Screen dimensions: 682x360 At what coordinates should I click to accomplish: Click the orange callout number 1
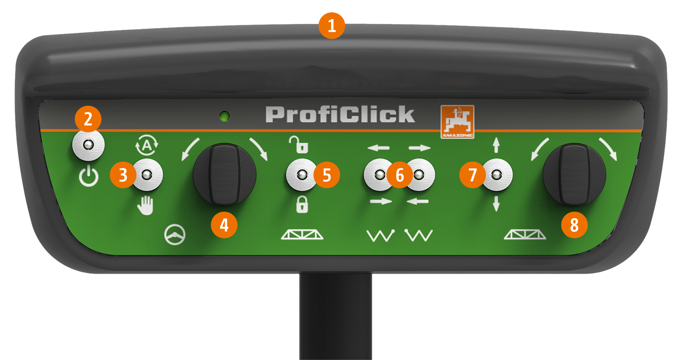(x=332, y=26)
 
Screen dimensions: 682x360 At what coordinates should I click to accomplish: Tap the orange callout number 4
(x=224, y=225)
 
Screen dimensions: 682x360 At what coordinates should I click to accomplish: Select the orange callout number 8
(x=574, y=225)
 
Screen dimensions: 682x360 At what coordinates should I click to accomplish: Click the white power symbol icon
(x=89, y=176)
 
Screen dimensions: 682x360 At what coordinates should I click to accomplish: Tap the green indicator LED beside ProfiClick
(x=224, y=116)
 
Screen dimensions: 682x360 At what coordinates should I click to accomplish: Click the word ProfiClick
(x=340, y=114)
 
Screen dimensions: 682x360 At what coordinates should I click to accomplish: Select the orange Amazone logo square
(x=457, y=122)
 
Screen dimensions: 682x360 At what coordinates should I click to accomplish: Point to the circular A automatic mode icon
(x=147, y=146)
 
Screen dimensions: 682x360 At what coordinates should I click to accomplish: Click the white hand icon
(x=146, y=205)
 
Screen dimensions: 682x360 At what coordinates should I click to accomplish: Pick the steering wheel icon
(x=175, y=235)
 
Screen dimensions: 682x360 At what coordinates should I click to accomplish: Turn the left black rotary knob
(x=224, y=174)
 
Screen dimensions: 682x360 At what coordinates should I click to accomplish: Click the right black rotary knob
(x=574, y=174)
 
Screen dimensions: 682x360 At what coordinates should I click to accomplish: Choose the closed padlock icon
(x=302, y=204)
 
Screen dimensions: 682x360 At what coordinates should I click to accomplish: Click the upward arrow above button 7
(x=496, y=145)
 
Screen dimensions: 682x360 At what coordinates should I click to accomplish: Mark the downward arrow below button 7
(x=496, y=204)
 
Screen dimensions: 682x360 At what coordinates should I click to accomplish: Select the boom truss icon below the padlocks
(x=302, y=235)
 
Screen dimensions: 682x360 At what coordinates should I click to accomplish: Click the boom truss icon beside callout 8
(x=525, y=235)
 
